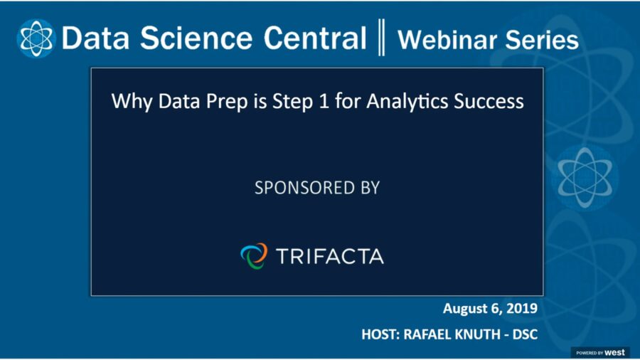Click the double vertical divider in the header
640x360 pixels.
click(381, 38)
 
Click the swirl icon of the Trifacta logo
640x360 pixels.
click(254, 255)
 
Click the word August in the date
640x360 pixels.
click(465, 309)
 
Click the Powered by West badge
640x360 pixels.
click(599, 352)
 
